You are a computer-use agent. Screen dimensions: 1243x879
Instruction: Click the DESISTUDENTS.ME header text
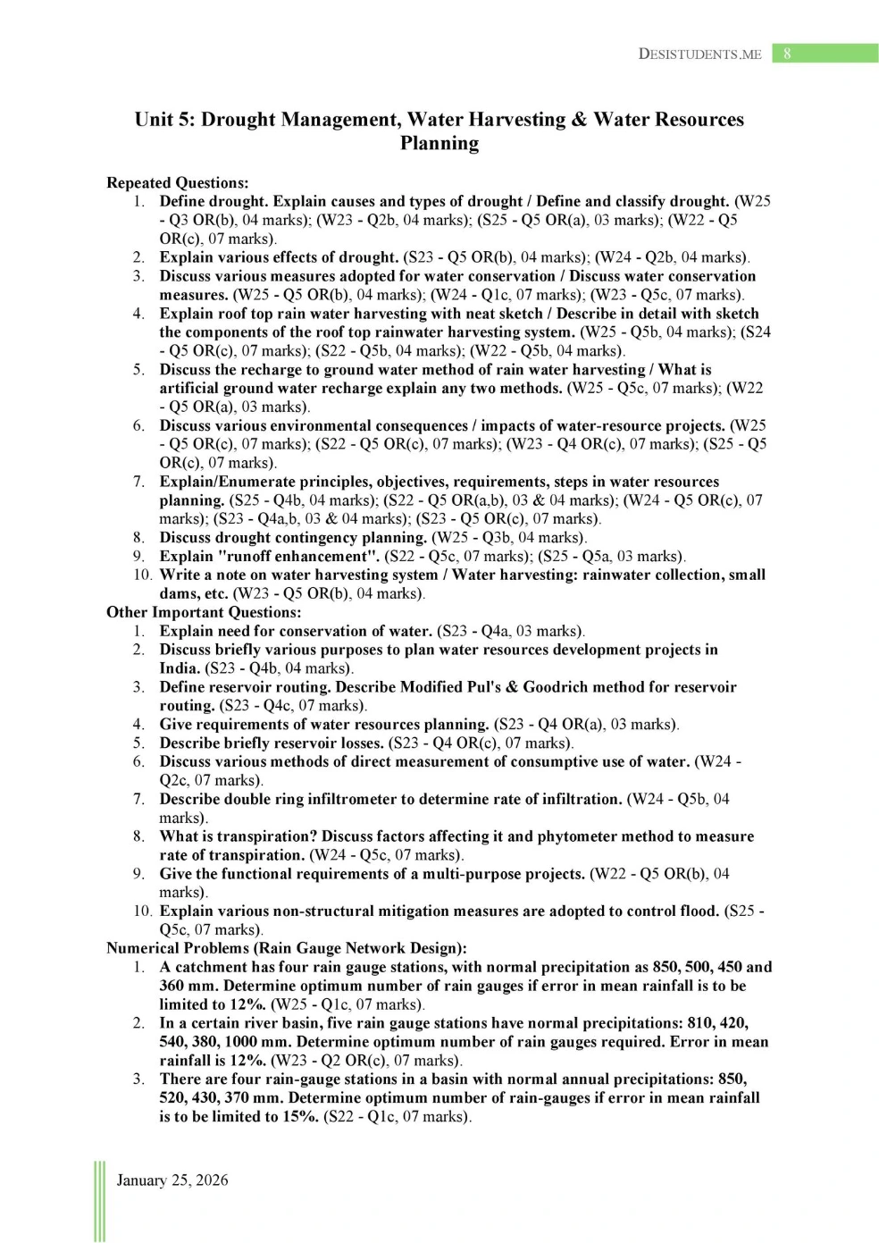pos(699,54)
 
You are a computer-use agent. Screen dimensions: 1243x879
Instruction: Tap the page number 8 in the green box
pos(787,54)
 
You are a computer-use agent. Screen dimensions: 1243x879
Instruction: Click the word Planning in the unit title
pos(439,144)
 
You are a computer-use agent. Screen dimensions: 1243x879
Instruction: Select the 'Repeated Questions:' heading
pos(177,182)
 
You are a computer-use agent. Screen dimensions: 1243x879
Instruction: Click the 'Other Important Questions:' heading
pos(204,612)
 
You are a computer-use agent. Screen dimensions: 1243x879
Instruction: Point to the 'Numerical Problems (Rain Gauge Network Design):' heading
pos(286,948)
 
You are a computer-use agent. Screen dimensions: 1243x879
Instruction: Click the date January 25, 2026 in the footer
pos(172,1180)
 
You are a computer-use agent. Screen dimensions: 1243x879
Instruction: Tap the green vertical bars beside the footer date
pos(99,1201)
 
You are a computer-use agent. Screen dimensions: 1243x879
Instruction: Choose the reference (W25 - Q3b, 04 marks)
pos(509,537)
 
